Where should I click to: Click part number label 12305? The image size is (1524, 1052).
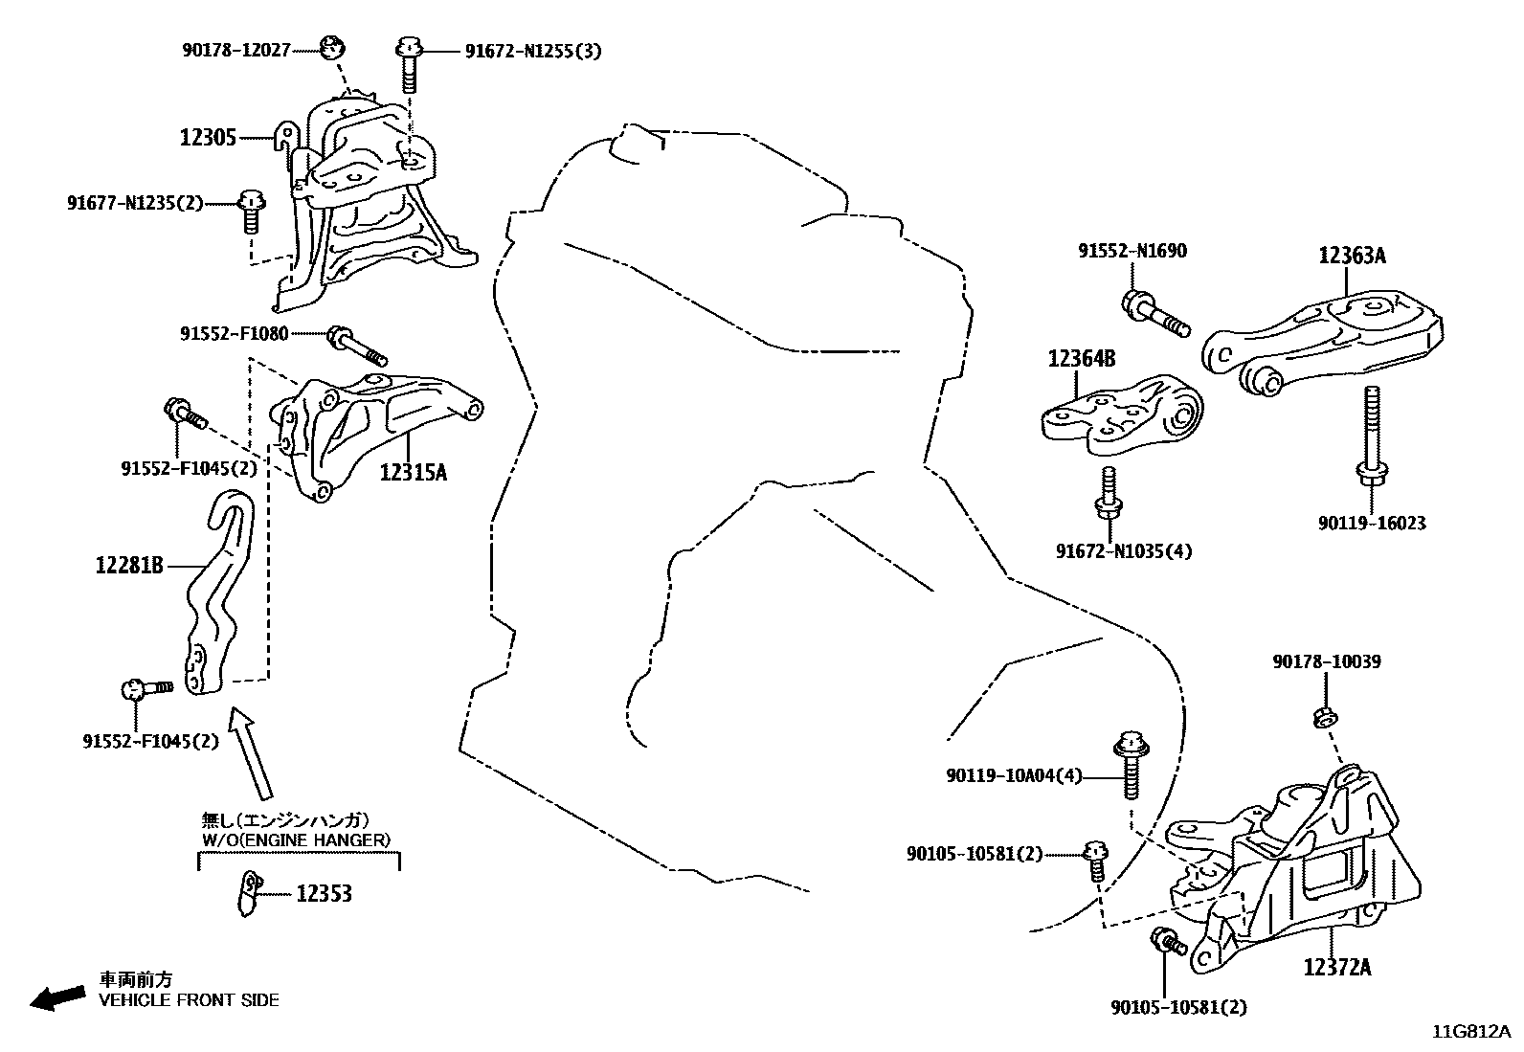(208, 137)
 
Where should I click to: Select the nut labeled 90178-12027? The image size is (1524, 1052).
(332, 45)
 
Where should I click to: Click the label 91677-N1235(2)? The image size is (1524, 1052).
(135, 202)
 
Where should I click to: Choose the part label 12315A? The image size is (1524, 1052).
(413, 472)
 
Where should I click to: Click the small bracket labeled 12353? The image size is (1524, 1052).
(249, 893)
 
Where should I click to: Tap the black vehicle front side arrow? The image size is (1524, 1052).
(56, 996)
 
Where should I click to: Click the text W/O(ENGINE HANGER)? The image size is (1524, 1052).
(296, 840)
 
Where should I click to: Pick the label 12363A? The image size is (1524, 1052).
(1352, 256)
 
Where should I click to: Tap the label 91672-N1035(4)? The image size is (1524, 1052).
(1124, 551)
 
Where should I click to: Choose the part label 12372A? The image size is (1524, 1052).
(1336, 968)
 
